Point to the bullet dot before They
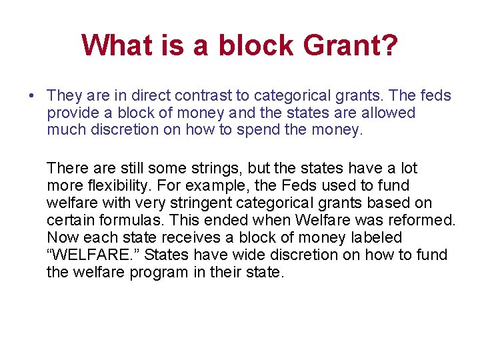[31, 97]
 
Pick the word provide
[71, 113]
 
